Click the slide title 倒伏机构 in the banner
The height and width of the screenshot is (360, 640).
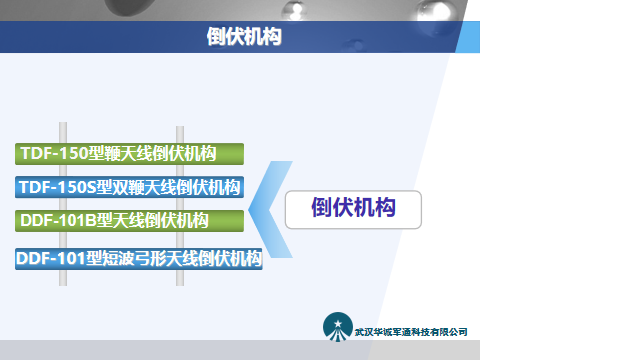pos(243,37)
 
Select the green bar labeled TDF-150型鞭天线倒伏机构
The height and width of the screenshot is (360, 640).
pos(130,154)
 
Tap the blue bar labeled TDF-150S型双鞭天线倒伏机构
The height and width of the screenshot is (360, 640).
pos(130,187)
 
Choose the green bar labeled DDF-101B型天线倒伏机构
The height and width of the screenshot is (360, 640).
pos(130,220)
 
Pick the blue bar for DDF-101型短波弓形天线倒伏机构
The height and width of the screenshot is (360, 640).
pos(139,258)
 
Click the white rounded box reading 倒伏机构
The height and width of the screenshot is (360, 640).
pos(353,209)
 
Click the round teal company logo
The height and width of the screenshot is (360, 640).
pos(337,327)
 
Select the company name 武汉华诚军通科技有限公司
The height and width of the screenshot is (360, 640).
pos(411,332)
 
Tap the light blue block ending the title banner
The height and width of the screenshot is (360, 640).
pos(468,37)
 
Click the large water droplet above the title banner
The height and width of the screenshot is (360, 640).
pos(328,9)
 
